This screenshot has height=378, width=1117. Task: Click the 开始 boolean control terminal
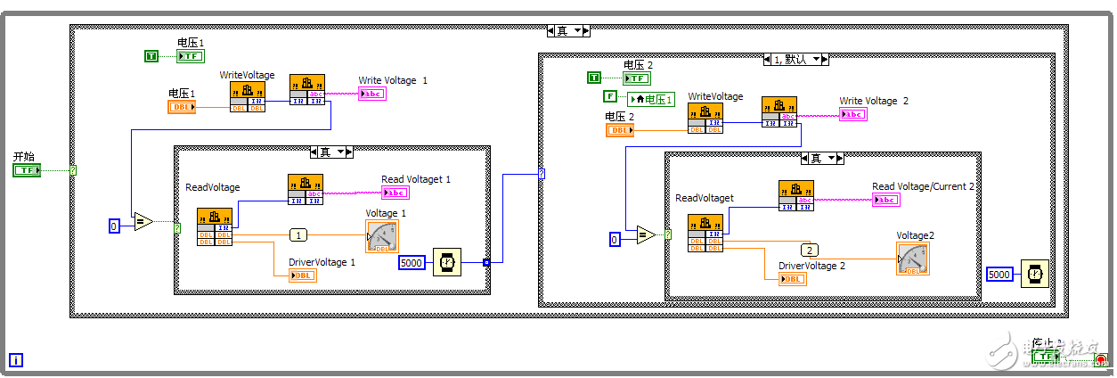tap(27, 169)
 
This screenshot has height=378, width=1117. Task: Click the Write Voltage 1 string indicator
tap(371, 94)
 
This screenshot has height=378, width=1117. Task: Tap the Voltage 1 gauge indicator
tap(381, 236)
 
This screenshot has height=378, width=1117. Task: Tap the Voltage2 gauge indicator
tap(913, 259)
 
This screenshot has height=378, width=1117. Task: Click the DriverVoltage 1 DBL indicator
tap(302, 275)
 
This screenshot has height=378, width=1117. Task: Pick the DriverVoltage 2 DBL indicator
tap(793, 279)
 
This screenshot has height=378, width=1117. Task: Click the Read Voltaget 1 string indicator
tap(395, 192)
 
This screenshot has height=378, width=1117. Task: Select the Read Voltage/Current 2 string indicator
tap(885, 200)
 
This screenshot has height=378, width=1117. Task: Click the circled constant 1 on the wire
tap(298, 235)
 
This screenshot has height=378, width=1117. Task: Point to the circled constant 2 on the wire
tap(809, 250)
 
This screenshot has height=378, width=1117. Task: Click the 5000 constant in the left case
tap(412, 262)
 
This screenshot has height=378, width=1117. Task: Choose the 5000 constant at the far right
tap(999, 275)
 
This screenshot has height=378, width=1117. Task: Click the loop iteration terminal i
tap(16, 360)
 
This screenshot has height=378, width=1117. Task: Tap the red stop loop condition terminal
tap(1102, 358)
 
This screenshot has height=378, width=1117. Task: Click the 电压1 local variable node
tap(651, 99)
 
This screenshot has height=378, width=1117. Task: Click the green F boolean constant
tap(610, 96)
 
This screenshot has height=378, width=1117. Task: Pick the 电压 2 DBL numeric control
tap(620, 130)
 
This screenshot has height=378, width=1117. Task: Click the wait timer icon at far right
tap(1033, 274)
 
